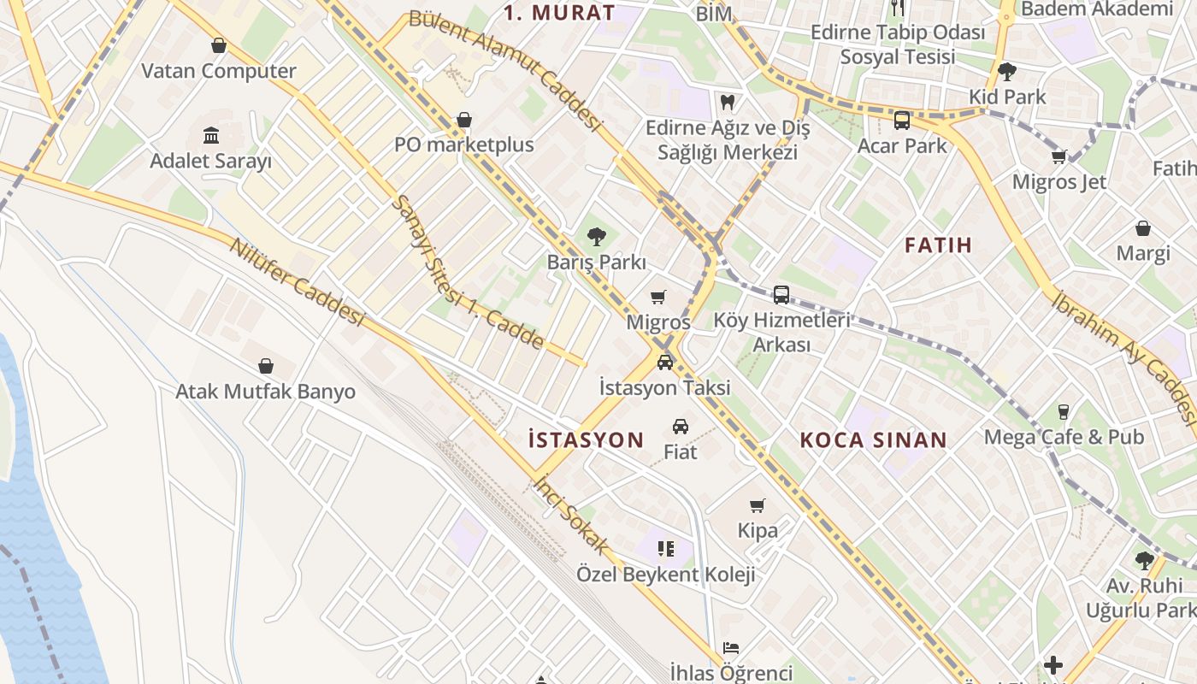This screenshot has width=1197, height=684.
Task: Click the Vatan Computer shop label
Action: (x=219, y=71)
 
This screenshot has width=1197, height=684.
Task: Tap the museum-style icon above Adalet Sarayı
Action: (x=211, y=135)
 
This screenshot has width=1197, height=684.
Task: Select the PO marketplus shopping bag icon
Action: (x=464, y=120)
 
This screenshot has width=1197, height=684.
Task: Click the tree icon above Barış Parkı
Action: (x=597, y=237)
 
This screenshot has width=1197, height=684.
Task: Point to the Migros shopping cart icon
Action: (x=657, y=298)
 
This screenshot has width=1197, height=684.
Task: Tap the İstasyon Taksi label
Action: (x=664, y=387)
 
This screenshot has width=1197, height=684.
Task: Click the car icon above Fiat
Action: (x=681, y=426)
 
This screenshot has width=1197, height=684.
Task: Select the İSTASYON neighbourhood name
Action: (x=586, y=440)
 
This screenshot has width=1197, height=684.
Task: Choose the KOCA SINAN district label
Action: (x=873, y=440)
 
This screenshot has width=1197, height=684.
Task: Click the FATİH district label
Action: (x=938, y=245)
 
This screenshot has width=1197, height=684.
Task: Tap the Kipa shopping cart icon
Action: (x=758, y=505)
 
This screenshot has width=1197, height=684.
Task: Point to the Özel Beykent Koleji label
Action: (x=665, y=574)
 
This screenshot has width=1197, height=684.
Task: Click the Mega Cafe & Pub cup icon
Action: (x=1064, y=412)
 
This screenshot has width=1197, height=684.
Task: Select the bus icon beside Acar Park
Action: (x=901, y=121)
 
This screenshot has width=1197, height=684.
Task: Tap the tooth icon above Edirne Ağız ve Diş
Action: (x=728, y=102)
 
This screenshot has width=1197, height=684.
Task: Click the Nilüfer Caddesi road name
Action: (x=297, y=282)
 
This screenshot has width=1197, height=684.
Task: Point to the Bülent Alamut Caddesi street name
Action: (x=506, y=70)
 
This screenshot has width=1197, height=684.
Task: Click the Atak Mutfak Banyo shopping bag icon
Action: (x=266, y=366)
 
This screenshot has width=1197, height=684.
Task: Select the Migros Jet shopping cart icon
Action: (x=1058, y=156)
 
